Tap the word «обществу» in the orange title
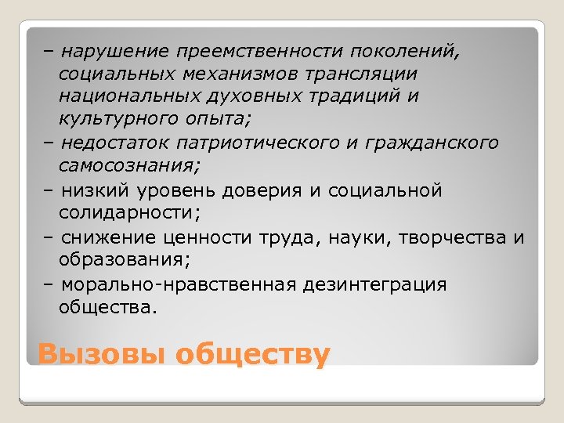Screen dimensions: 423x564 (252, 354)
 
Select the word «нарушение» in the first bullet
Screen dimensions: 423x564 (115, 52)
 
